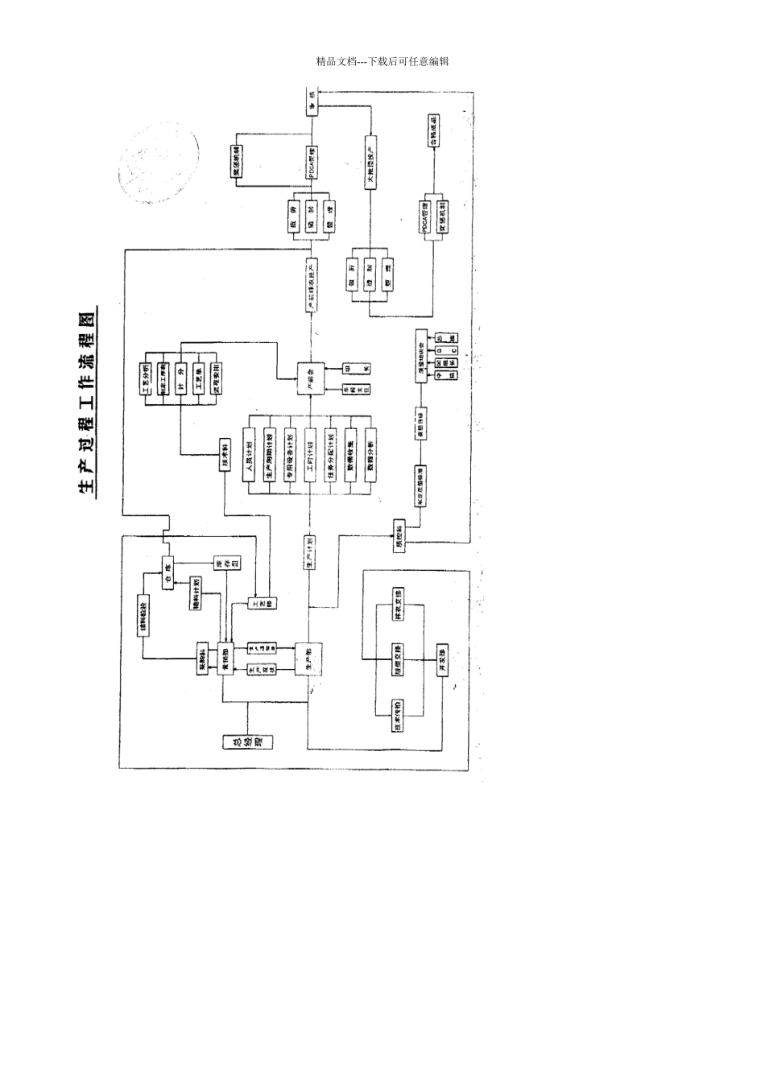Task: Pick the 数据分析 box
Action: pos(371,460)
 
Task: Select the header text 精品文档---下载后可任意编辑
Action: pos(382,61)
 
